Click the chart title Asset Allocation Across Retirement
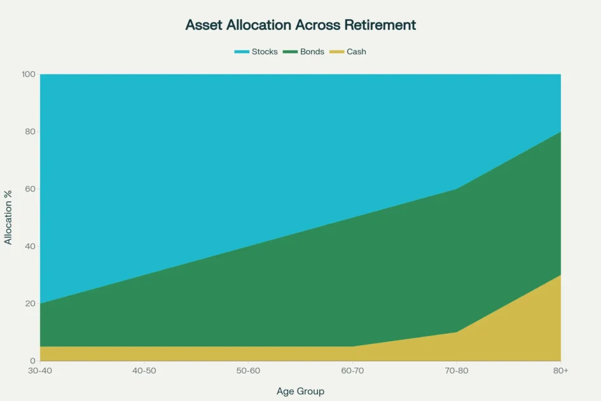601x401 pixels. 300,25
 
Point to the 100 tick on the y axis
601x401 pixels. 28,74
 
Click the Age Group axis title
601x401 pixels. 300,391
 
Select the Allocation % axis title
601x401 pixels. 9,217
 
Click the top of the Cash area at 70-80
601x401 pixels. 457,332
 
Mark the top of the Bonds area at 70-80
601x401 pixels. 457,189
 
